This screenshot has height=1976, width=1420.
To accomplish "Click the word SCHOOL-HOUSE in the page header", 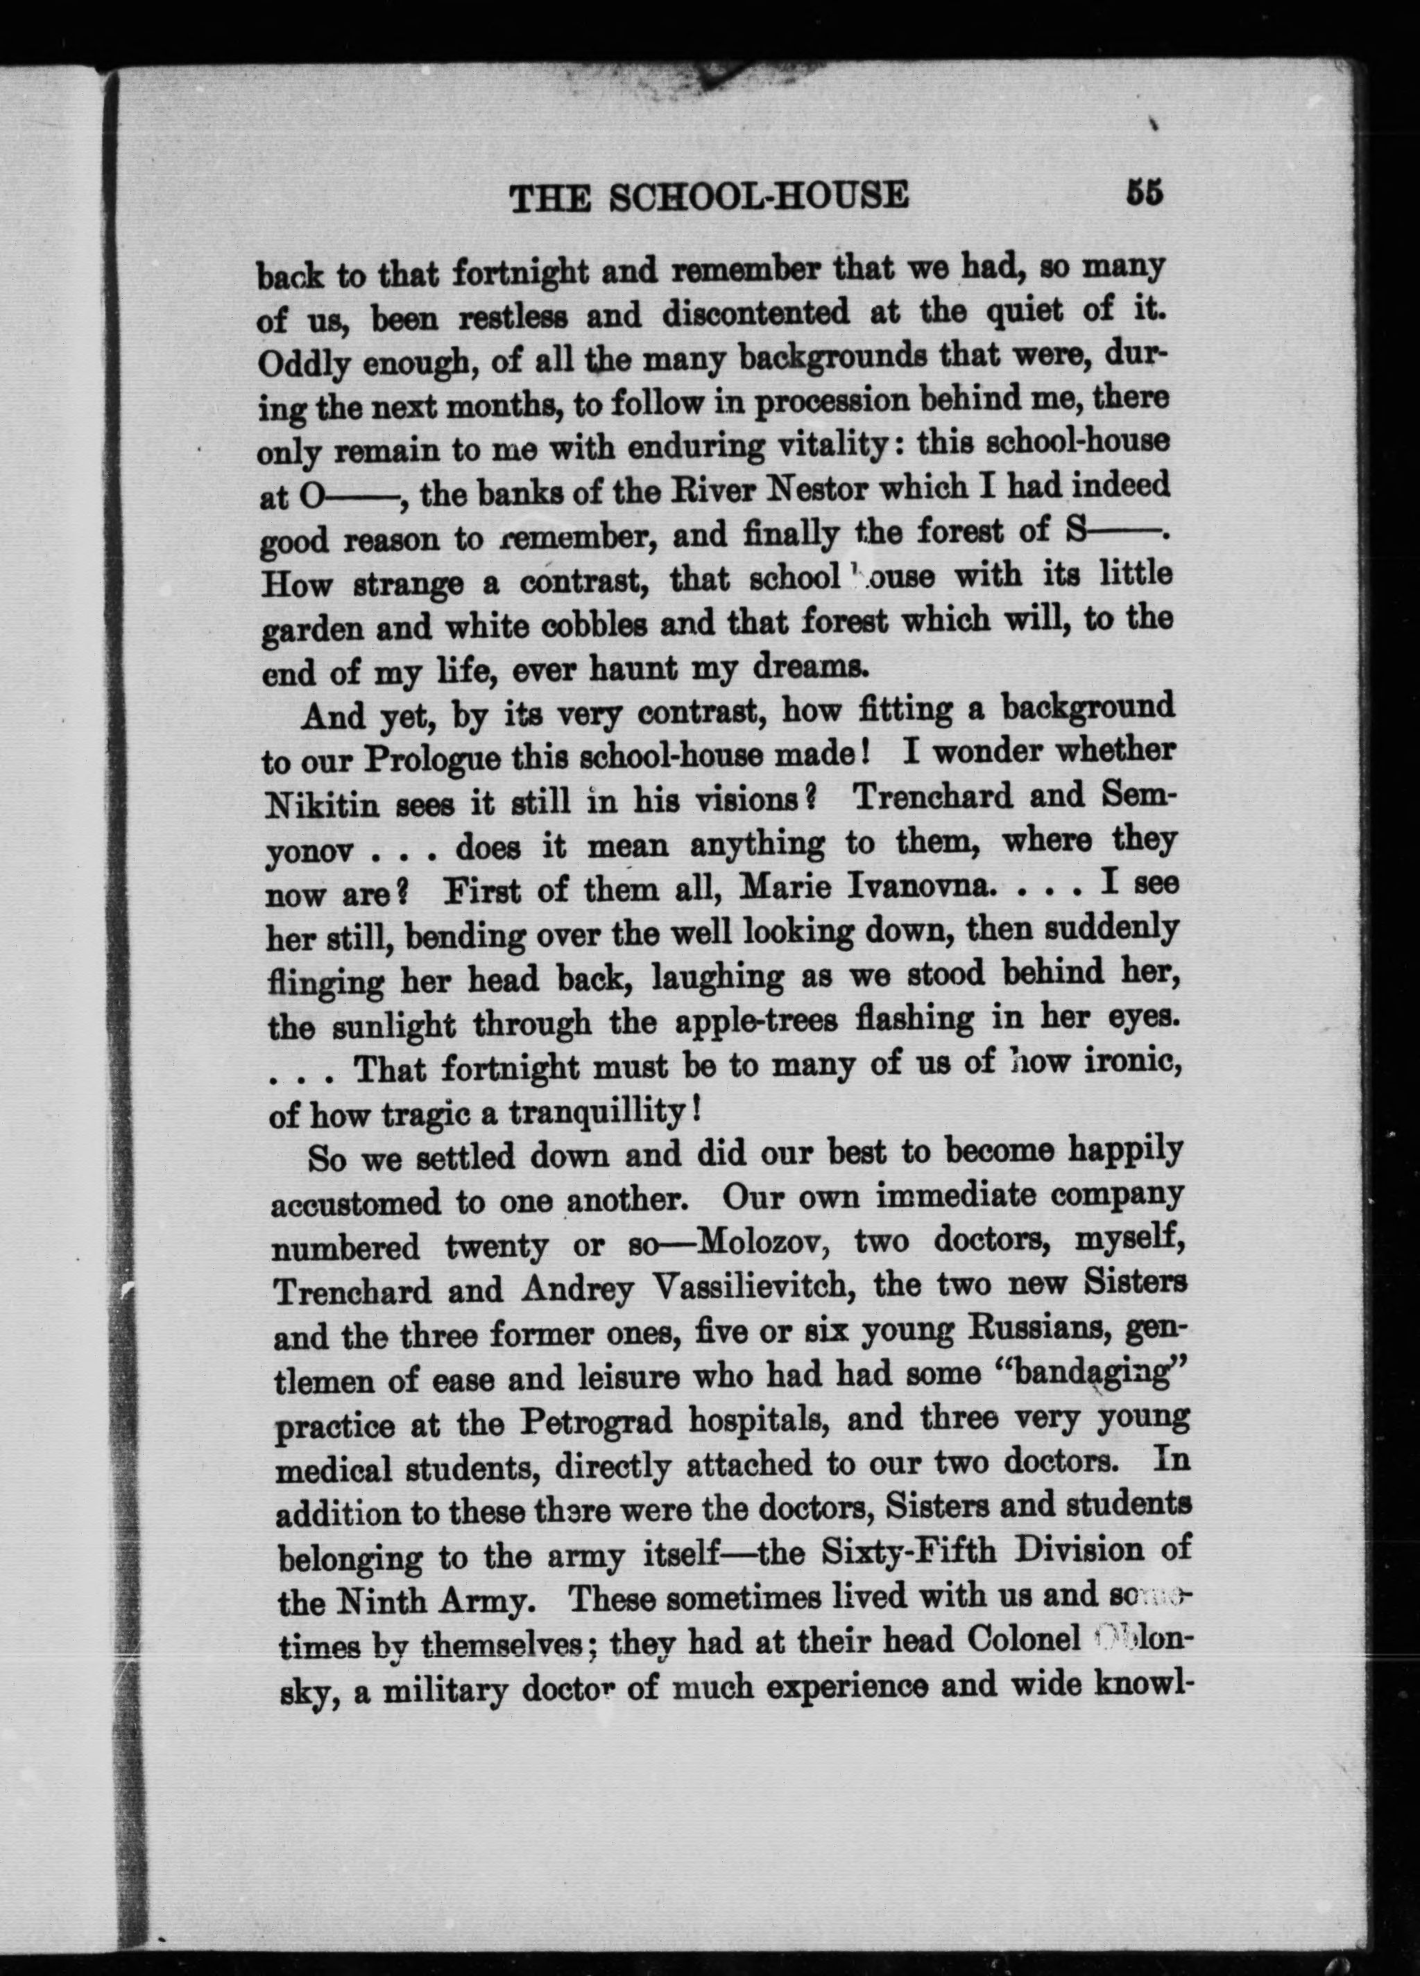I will point(758,197).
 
